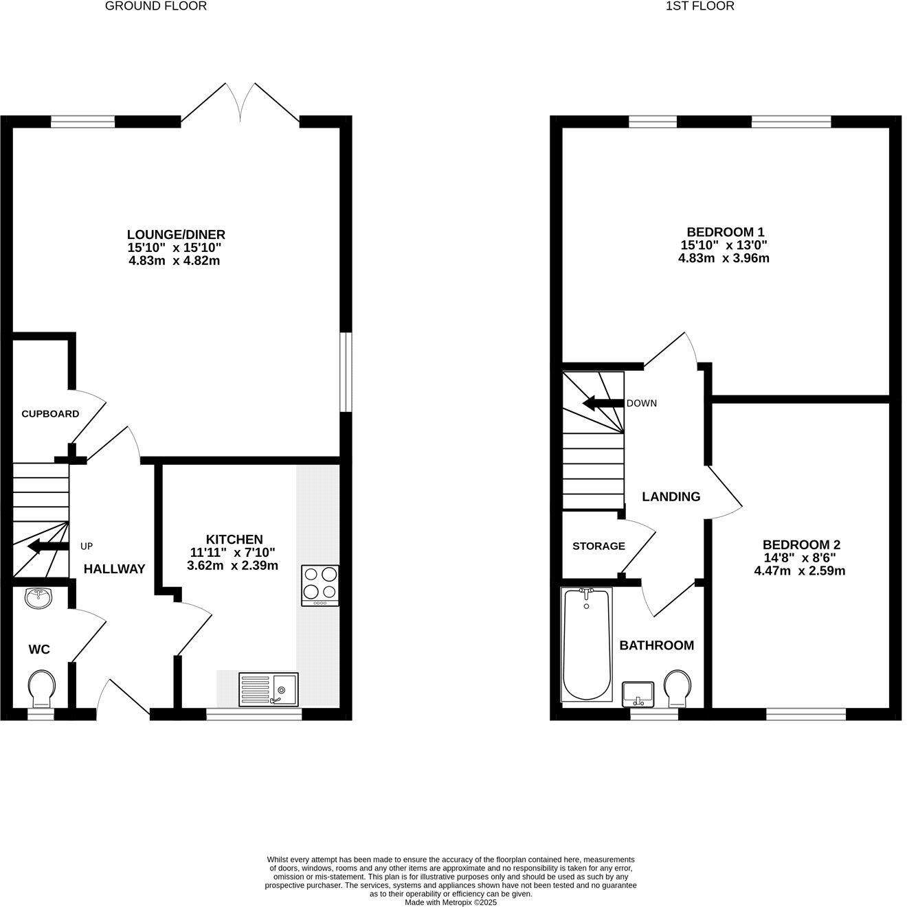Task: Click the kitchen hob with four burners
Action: coord(320,585)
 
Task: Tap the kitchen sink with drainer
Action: coord(268,689)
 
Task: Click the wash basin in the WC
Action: coord(39,597)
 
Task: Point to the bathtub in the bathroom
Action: coord(586,643)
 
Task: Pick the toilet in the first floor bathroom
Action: coord(676,687)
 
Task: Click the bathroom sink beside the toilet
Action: coord(638,693)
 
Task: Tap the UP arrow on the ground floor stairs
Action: coord(47,547)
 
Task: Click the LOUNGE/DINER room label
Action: coord(176,235)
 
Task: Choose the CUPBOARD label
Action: coord(50,414)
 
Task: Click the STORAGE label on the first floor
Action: coord(598,546)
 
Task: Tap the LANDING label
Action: coord(671,496)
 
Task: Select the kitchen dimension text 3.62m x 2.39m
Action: coord(232,566)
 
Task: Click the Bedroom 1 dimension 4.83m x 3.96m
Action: coord(724,258)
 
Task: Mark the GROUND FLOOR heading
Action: coord(156,6)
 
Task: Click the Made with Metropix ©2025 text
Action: coord(450,902)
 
